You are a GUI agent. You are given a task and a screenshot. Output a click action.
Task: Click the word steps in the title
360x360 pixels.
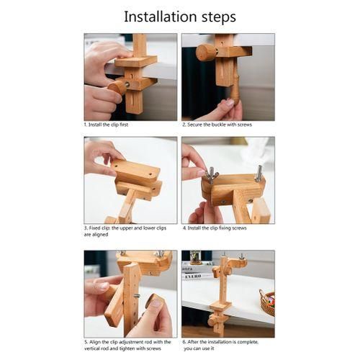(x=219, y=17)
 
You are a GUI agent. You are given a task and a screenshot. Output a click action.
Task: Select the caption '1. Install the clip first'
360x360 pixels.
(x=106, y=125)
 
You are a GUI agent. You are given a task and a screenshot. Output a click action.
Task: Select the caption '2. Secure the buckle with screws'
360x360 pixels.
(x=217, y=125)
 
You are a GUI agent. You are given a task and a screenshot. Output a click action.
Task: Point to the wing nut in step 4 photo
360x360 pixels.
(x=211, y=174)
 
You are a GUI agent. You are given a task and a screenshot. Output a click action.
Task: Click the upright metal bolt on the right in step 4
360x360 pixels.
(x=259, y=173)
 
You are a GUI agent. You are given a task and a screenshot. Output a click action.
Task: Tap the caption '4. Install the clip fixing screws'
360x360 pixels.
(x=215, y=228)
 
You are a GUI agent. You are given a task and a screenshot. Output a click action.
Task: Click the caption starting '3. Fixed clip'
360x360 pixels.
(x=125, y=231)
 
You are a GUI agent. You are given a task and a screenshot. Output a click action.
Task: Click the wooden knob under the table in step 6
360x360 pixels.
(x=213, y=320)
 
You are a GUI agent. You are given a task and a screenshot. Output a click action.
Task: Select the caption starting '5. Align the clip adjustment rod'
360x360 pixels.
(x=127, y=345)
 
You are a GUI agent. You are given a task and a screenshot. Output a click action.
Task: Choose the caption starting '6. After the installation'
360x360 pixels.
(x=220, y=345)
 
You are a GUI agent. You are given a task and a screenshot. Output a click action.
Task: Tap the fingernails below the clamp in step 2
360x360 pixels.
(x=228, y=103)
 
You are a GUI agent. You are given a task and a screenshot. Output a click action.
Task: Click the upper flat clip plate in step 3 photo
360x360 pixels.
(x=136, y=171)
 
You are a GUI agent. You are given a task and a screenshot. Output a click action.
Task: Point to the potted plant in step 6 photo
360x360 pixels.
(x=196, y=257)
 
